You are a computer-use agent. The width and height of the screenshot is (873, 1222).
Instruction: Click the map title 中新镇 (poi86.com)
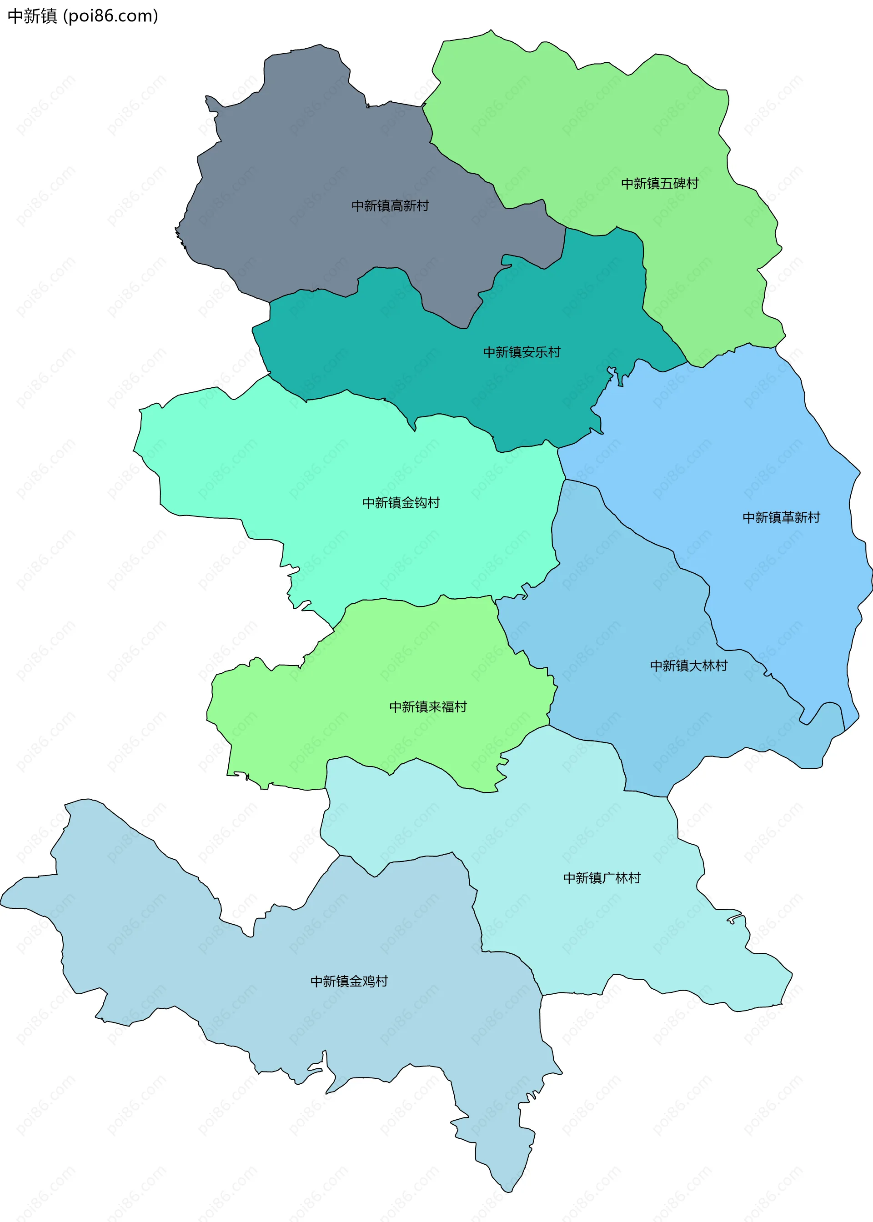coord(83,16)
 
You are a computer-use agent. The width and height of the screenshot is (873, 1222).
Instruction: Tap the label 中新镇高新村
coord(390,206)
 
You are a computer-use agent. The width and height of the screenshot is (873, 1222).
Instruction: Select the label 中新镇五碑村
coord(660,184)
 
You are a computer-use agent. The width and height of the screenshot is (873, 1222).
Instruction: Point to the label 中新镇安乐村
coord(522,352)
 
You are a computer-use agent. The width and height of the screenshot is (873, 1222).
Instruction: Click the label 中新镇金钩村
coord(401,502)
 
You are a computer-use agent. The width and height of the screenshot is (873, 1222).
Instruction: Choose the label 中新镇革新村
coord(781,517)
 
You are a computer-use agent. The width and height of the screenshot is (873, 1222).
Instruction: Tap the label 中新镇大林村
coord(688,666)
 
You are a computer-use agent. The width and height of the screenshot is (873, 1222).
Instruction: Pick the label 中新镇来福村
coord(428,706)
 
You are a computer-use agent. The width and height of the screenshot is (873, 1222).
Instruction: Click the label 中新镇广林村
coord(602,878)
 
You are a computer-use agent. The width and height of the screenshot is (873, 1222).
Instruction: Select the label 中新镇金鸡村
coord(349,981)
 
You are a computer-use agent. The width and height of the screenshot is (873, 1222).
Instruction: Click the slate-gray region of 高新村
coord(301,161)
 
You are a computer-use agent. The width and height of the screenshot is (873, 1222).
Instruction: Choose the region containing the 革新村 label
coord(753,457)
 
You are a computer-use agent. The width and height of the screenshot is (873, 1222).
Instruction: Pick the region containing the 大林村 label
coord(618,618)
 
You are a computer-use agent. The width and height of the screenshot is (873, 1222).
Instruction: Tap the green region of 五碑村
coord(591,124)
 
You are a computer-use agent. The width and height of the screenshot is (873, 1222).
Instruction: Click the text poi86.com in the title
coord(110,16)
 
